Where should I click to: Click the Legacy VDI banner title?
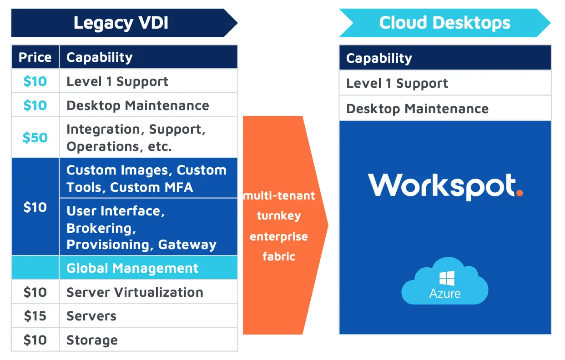pos(121,23)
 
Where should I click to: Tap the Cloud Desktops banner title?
pos(444,23)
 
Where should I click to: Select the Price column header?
pos(35,57)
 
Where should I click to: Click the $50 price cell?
pos(35,138)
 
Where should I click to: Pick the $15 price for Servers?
pos(35,316)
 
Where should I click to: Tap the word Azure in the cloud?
pos(444,293)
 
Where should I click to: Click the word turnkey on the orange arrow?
pos(279,215)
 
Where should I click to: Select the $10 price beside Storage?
pos(35,340)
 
